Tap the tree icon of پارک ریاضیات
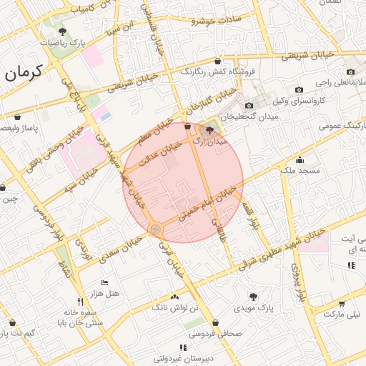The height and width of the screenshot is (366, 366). (63, 31)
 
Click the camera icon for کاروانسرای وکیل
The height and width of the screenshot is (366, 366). (299, 90)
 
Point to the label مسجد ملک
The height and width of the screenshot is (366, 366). (299, 172)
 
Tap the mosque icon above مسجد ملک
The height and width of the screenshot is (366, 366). (299, 160)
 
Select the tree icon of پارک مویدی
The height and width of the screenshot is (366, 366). (252, 296)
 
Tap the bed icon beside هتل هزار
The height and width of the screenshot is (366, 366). (106, 283)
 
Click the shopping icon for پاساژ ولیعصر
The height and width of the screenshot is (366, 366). (17, 117)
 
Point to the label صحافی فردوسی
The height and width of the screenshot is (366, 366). (237, 333)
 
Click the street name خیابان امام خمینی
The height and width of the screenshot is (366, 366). (207, 204)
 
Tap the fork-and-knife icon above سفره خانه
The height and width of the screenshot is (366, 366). (81, 302)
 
